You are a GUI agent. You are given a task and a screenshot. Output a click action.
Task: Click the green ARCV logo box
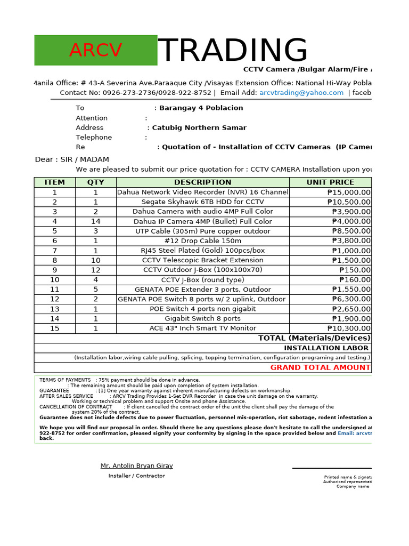coord(96,50)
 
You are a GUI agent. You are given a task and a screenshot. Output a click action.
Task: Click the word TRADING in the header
coord(233,51)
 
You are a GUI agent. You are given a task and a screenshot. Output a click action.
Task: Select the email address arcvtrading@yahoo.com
coord(301,93)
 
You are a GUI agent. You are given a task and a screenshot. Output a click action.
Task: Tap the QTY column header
coord(96,182)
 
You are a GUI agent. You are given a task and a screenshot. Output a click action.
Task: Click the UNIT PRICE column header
coord(330,182)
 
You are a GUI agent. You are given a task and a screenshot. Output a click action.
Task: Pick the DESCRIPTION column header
coord(202,182)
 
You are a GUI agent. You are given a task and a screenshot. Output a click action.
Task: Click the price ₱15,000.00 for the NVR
coord(349,192)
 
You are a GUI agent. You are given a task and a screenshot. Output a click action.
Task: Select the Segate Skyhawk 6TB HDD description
coord(202,202)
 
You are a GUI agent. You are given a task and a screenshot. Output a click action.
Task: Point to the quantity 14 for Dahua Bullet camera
coord(96,221)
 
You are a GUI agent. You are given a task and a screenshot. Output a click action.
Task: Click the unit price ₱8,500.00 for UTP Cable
coord(351,231)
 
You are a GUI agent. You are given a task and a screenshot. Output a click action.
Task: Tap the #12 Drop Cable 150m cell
coord(202,241)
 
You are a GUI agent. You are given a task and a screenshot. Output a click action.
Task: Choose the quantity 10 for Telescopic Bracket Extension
coord(96,260)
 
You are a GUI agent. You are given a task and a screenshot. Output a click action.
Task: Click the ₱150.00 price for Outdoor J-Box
coord(355,270)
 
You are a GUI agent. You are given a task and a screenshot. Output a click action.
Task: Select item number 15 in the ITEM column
coord(55,328)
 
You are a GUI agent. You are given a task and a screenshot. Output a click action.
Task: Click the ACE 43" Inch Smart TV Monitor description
coord(202,328)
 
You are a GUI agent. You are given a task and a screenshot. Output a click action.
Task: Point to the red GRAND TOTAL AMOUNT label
coord(320,367)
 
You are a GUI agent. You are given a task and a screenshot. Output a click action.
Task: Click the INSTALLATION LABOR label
coord(326,348)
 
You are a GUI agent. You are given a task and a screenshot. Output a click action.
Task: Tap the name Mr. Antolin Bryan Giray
coord(137,466)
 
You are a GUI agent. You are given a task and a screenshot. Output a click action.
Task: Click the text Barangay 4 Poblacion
coord(201,108)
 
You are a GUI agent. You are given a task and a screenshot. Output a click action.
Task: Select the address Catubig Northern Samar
coord(199,128)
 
